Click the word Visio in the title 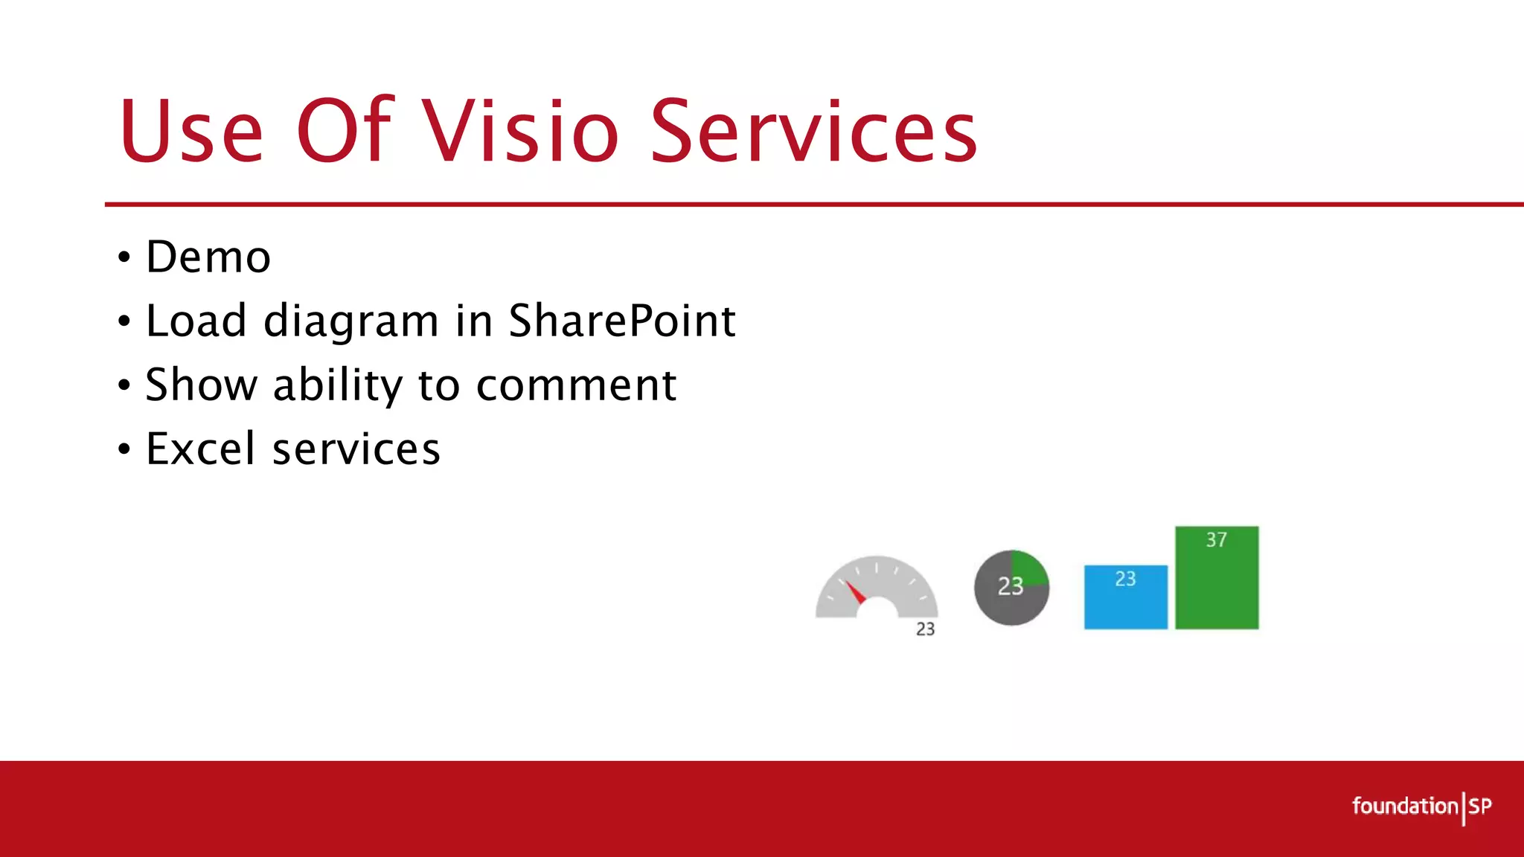[521, 132]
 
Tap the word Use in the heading [191, 132]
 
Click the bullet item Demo [208, 257]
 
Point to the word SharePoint [622, 321]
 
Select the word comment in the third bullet [576, 385]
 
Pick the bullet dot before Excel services [124, 449]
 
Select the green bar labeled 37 [1217, 588]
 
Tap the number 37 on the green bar [1217, 540]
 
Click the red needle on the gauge [855, 592]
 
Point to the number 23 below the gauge [925, 629]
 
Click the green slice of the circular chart [1029, 568]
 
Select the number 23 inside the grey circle [1011, 587]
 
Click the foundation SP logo [1421, 806]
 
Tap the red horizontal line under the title [744, 204]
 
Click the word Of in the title [344, 132]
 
